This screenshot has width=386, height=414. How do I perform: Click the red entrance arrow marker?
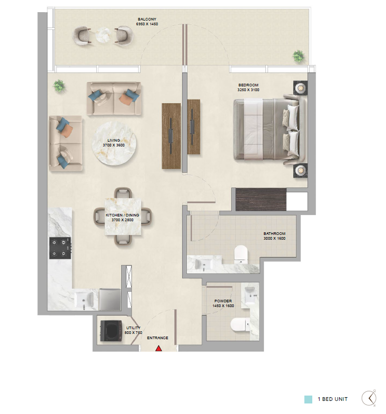159,349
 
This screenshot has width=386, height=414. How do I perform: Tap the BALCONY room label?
147,19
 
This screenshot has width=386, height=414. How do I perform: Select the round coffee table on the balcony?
103,35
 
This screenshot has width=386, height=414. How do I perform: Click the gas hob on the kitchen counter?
60,248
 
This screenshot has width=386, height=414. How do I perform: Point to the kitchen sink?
83,300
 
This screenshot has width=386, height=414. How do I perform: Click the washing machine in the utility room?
111,331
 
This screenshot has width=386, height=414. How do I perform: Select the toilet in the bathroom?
241,254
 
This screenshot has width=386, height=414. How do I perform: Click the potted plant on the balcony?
299,56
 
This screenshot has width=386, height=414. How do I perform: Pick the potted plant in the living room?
59,86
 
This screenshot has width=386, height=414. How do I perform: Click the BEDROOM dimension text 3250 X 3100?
248,90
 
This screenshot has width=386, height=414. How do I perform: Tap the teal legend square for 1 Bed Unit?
308,399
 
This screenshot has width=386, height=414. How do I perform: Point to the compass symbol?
369,398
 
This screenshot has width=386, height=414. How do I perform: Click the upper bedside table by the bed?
301,87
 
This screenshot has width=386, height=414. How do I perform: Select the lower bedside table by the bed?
301,170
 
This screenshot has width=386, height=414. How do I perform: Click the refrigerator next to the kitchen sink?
110,299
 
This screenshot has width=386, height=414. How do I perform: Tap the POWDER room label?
223,301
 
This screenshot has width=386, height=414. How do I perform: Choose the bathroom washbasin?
204,264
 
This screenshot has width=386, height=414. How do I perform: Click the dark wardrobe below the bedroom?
261,200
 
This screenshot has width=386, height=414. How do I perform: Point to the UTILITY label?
133,328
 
